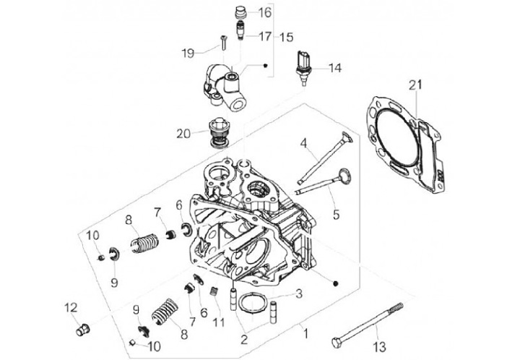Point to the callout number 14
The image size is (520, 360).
click(334, 69)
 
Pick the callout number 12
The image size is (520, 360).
click(71, 307)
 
